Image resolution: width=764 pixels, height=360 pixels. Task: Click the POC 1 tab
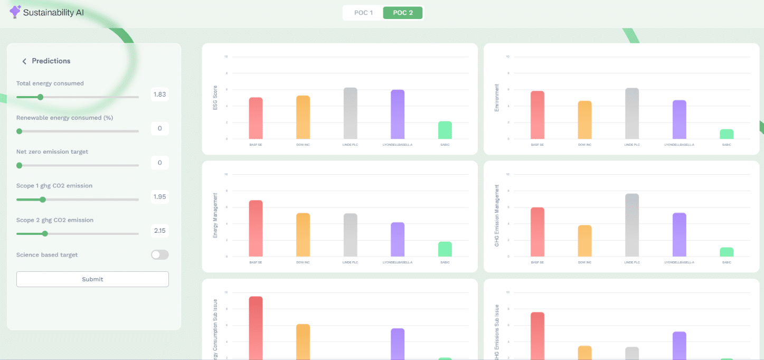[363, 13]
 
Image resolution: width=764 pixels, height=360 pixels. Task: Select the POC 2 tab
[403, 13]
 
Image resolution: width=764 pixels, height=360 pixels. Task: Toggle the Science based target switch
[159, 255]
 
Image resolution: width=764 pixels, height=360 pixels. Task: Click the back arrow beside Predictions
[24, 61]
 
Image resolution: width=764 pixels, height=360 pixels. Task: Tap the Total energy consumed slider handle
[40, 97]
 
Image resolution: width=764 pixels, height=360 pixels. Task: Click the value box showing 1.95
[159, 197]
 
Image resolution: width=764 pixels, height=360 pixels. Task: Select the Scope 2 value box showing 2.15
[159, 231]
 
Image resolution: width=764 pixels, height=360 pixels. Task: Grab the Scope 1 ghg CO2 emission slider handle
[43, 200]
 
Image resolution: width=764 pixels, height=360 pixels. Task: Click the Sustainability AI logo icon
[15, 12]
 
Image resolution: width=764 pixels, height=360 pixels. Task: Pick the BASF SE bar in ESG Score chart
[256, 118]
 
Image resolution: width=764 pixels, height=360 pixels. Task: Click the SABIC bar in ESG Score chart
[445, 130]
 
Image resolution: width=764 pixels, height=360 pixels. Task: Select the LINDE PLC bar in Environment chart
[632, 113]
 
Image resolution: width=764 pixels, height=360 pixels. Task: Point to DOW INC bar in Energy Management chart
[303, 235]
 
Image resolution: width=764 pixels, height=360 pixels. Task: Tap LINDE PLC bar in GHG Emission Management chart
[632, 225]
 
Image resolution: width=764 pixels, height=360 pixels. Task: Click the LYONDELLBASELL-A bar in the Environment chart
[680, 120]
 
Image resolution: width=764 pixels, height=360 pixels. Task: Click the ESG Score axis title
[215, 98]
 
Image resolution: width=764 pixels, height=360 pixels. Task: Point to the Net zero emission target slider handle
[20, 165]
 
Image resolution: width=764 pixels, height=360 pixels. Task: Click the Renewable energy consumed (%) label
[64, 118]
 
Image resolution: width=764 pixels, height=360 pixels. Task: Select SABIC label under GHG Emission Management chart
[727, 262]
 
